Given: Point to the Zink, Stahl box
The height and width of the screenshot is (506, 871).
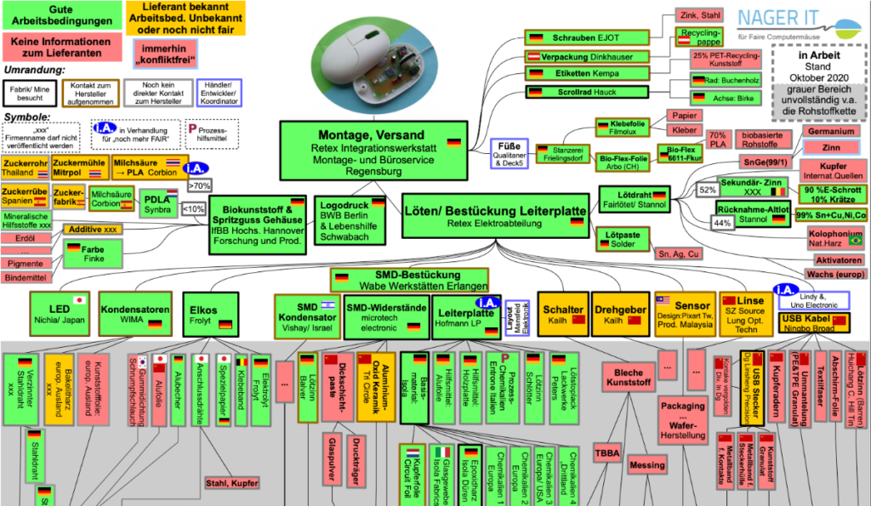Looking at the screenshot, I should point(699,14).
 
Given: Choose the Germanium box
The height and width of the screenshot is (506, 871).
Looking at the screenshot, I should point(831,132).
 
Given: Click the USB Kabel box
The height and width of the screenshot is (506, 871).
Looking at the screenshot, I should point(813,322).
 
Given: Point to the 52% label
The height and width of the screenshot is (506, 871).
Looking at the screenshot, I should point(707,190).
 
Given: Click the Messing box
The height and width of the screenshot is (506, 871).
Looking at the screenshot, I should point(648,465).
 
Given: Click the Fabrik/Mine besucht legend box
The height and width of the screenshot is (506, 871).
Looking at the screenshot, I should point(30,93).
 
